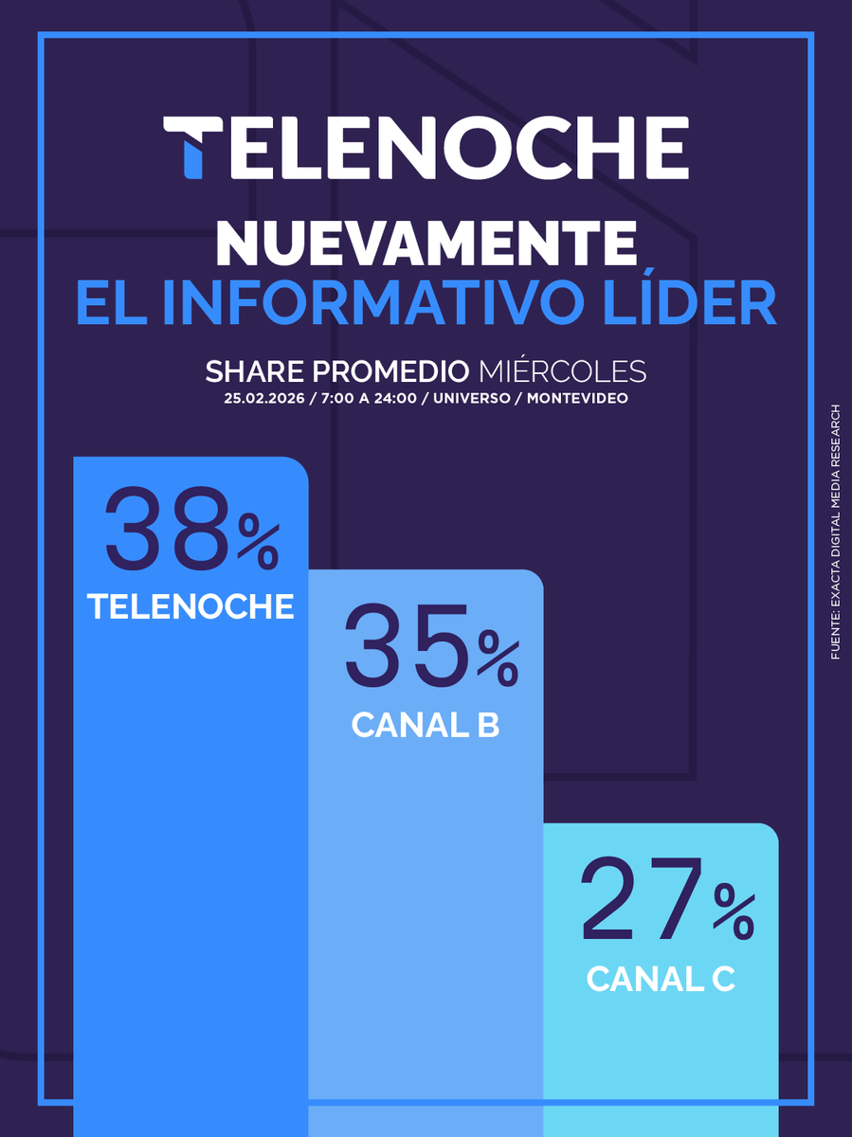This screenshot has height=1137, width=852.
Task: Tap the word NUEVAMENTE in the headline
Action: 426,244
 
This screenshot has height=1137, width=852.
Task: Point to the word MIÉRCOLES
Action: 563,370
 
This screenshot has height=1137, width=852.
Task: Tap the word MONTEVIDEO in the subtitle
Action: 576,398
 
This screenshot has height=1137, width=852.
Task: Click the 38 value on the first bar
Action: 168,530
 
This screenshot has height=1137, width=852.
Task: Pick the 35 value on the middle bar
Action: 407,646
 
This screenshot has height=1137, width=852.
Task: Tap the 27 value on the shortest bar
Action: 644,899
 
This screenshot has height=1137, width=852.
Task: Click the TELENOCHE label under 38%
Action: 190,607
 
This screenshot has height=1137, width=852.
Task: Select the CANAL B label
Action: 426,726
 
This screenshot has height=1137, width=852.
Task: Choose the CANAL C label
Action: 661,980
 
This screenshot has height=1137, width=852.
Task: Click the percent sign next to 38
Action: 258,546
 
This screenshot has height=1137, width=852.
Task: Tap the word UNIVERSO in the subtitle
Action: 466,398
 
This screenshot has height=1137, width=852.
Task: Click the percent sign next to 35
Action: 498,661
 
